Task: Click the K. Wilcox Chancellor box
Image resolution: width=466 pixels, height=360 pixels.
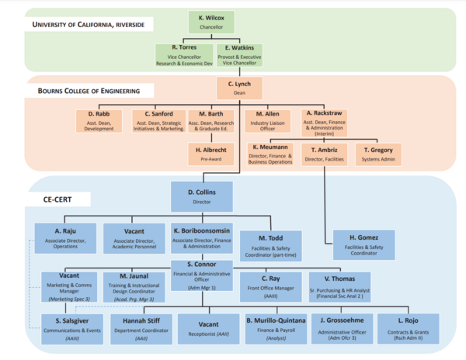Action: [211, 21]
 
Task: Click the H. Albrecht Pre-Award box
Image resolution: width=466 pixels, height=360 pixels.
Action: [210, 151]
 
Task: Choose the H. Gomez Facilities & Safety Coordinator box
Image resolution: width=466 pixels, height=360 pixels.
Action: [363, 242]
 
